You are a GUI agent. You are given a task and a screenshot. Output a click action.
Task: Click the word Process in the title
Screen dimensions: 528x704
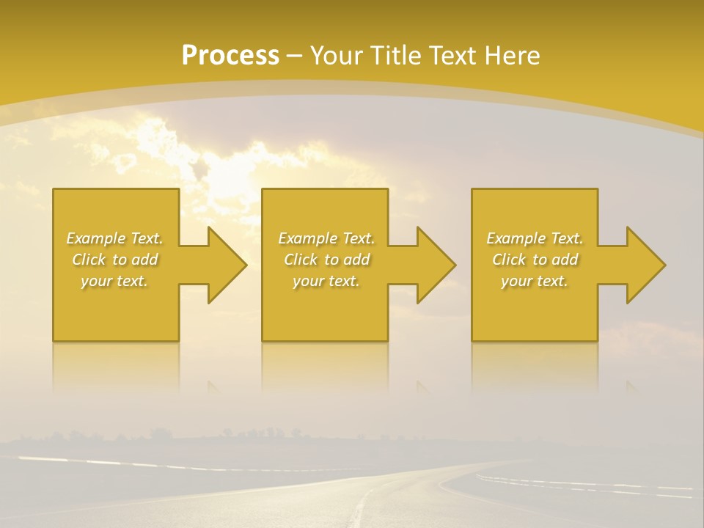click(x=230, y=55)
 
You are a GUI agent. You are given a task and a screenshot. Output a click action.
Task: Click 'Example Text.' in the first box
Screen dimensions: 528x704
click(x=114, y=238)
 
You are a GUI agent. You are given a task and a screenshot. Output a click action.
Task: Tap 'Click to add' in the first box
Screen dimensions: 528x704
click(x=114, y=260)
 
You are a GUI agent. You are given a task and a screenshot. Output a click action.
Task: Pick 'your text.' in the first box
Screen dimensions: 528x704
click(x=114, y=281)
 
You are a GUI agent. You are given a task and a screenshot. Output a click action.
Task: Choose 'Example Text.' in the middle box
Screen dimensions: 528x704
click(x=326, y=238)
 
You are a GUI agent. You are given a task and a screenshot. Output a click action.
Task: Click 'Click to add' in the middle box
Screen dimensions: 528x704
click(x=326, y=260)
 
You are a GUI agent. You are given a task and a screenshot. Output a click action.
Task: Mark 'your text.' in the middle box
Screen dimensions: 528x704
click(x=326, y=281)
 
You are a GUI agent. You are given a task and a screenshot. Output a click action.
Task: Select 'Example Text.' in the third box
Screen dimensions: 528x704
click(x=535, y=238)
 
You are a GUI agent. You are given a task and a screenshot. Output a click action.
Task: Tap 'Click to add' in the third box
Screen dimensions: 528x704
click(x=535, y=260)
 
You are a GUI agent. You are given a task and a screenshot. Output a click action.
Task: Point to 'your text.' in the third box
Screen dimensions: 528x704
click(x=535, y=281)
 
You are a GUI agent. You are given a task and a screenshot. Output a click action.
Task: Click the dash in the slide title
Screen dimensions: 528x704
click(x=295, y=56)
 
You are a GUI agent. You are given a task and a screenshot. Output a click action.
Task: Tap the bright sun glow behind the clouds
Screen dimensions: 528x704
click(x=220, y=176)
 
